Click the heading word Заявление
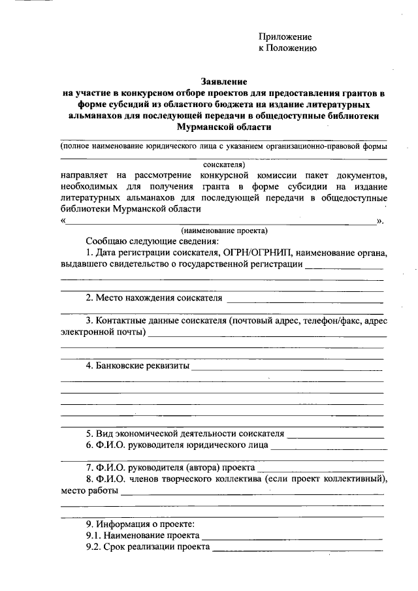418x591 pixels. coord(222,82)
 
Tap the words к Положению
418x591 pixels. coord(288,48)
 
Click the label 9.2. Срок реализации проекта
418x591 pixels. coord(147,547)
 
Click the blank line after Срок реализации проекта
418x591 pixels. coord(297,550)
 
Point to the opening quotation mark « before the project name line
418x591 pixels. coord(63,220)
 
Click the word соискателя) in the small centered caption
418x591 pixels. coord(223,165)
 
